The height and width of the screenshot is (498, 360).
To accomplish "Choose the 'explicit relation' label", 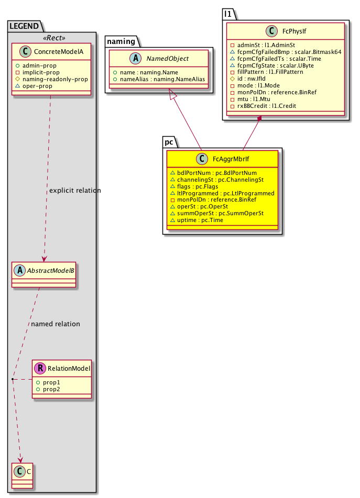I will pos(74,190).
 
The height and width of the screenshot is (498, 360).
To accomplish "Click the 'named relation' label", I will pos(56,324).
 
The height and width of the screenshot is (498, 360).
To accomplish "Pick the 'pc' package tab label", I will pos(169,141).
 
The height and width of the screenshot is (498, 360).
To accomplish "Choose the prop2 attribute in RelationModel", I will pos(51,390).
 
